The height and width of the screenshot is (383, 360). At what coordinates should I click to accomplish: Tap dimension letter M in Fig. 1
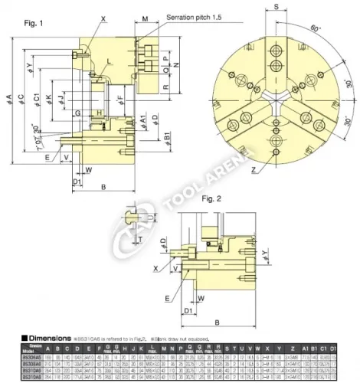[146, 16]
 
